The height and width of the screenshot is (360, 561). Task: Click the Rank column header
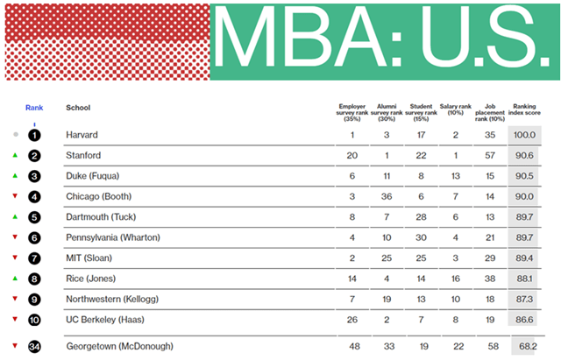click(34, 108)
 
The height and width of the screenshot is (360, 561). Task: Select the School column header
click(78, 108)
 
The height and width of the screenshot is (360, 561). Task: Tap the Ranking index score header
click(524, 109)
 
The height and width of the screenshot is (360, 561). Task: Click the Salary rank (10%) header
click(456, 109)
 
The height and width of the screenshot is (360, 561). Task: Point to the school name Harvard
click(82, 135)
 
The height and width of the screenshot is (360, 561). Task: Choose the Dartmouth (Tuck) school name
click(101, 217)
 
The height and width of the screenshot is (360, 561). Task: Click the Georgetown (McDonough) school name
click(120, 346)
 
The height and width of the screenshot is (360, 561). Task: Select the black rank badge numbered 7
click(34, 258)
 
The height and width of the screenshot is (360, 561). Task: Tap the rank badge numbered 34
click(34, 347)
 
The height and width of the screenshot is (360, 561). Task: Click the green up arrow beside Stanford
click(15, 155)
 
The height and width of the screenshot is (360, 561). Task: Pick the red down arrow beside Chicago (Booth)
click(15, 196)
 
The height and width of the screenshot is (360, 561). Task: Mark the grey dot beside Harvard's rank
click(16, 134)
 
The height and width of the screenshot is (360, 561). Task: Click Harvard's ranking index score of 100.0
click(524, 135)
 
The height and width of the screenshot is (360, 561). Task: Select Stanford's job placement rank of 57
click(490, 156)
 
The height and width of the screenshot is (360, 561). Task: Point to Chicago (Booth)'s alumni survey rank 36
click(387, 196)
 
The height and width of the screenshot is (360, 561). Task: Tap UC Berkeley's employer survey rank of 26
click(352, 320)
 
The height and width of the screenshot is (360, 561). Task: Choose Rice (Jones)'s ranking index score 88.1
click(524, 279)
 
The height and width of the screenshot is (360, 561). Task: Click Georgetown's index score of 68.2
click(528, 346)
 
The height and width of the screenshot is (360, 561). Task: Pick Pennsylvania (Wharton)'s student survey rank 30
click(421, 237)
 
